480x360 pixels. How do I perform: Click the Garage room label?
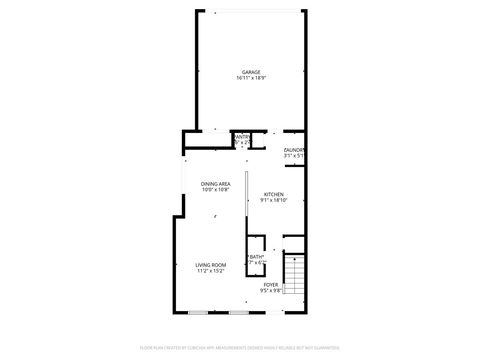point(250,71)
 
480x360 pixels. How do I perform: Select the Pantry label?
point(241,138)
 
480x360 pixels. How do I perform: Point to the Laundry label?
point(293,150)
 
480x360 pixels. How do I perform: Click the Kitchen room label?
point(273,194)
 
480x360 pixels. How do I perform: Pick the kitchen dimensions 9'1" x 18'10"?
point(273,200)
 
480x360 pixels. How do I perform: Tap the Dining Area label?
point(215,183)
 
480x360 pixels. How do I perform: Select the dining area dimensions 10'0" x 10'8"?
point(215,189)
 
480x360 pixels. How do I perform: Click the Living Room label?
point(210,264)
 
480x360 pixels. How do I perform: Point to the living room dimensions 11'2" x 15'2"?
point(210,270)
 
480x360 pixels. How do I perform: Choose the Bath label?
point(257,257)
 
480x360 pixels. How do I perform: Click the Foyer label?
point(271,284)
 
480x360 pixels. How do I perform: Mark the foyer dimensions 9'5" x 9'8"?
point(271,290)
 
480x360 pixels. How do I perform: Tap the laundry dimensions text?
point(293,156)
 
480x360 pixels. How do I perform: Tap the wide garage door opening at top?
point(250,12)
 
